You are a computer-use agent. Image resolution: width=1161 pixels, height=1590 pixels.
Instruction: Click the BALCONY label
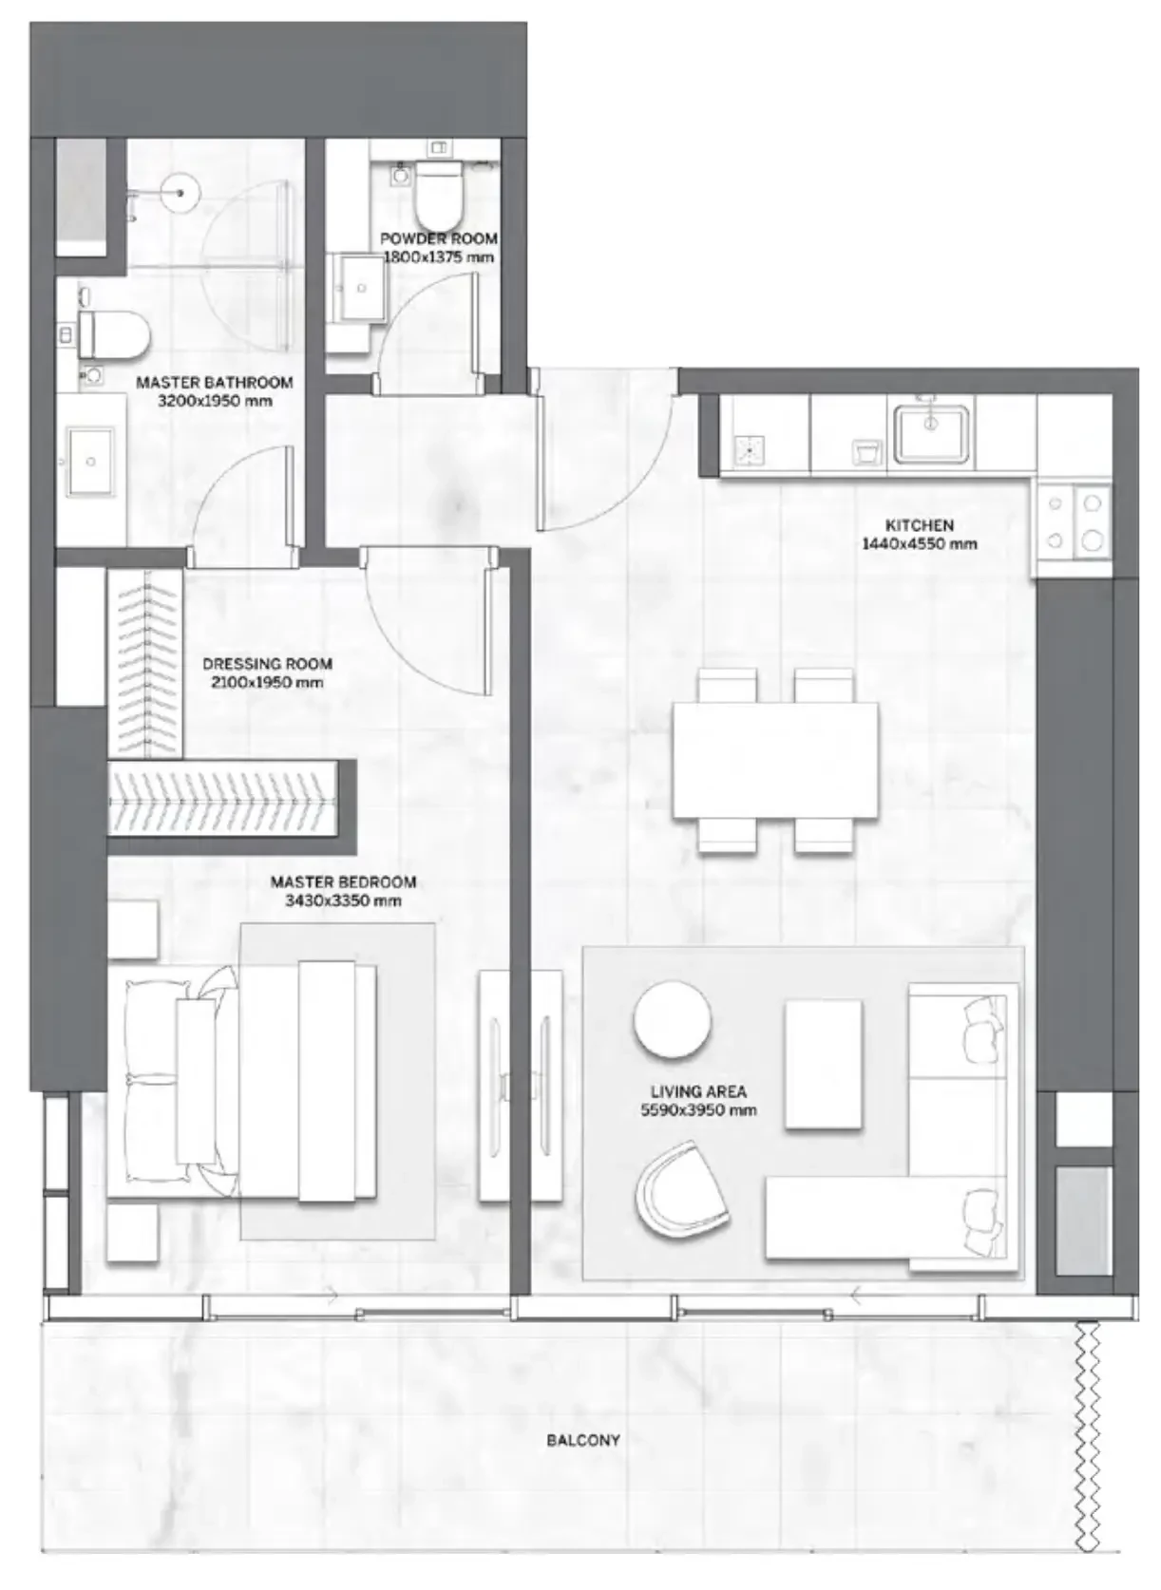583,1440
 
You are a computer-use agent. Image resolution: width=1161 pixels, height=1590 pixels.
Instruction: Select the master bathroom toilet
114,334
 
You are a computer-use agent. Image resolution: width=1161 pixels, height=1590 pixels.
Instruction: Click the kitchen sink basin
930,432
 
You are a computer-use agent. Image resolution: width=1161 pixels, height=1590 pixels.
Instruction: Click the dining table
774,760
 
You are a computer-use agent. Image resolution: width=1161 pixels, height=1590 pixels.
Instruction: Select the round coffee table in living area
672,1020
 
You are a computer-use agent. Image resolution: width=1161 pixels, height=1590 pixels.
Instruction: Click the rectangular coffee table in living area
823,1065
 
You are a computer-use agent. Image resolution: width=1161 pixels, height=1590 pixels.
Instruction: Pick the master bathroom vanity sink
90,462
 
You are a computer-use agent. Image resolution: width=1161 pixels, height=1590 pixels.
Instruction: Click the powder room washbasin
361,288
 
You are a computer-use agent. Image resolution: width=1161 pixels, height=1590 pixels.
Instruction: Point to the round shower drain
181,193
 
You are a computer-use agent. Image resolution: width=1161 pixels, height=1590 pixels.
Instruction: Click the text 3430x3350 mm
343,900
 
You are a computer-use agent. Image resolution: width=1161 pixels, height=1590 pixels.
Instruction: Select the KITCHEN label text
919,525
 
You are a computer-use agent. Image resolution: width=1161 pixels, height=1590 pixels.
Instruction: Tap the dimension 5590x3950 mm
698,1110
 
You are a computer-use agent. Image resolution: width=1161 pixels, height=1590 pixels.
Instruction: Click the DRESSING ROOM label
267,664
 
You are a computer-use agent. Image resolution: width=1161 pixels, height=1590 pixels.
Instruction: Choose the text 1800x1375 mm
438,256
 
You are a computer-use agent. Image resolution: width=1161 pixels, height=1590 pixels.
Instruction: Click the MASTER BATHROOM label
215,383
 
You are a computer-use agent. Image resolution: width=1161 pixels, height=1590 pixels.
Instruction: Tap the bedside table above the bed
132,931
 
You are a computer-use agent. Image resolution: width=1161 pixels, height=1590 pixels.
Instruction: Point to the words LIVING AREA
698,1091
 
